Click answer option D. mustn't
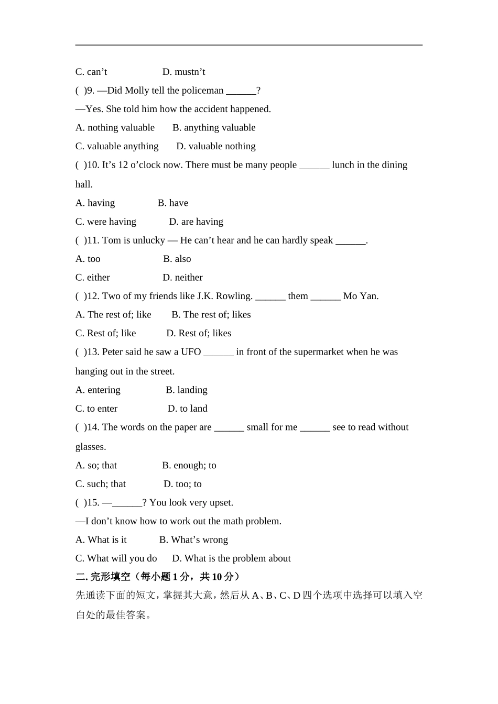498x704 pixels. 183,72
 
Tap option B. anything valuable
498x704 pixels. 214,128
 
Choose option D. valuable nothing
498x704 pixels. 216,146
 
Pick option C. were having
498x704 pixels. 106,222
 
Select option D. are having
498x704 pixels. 196,222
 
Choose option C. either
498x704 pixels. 93,278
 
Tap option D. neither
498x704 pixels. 182,278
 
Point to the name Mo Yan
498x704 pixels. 361,296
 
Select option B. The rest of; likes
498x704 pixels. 211,315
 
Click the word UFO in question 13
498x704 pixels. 191,352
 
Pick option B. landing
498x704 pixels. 187,390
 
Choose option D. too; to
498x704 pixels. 182,484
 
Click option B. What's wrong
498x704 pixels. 193,540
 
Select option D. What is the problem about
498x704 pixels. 231,558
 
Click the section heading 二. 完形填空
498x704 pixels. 103,577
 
